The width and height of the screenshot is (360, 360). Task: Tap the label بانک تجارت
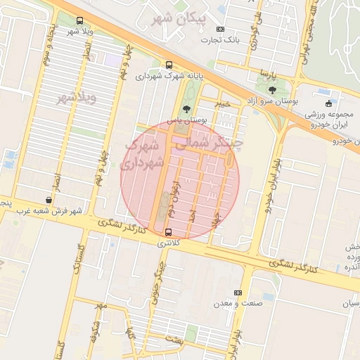pos(220,40)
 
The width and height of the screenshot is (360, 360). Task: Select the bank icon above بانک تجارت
pos(221,30)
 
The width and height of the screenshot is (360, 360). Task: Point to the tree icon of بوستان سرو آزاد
pos(272,90)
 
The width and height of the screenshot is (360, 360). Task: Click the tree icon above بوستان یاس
pos(186,109)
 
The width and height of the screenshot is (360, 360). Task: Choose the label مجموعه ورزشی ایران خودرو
pos(328,119)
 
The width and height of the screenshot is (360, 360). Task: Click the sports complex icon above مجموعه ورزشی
pos(328,103)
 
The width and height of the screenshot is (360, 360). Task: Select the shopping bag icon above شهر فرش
pos(49,200)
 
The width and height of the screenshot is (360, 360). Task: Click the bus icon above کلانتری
pos(168,232)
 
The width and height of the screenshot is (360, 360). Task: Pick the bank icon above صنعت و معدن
pos(238,292)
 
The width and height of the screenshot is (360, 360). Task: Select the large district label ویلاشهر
pos(76,96)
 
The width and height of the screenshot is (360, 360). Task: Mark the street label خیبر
pos(223,104)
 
